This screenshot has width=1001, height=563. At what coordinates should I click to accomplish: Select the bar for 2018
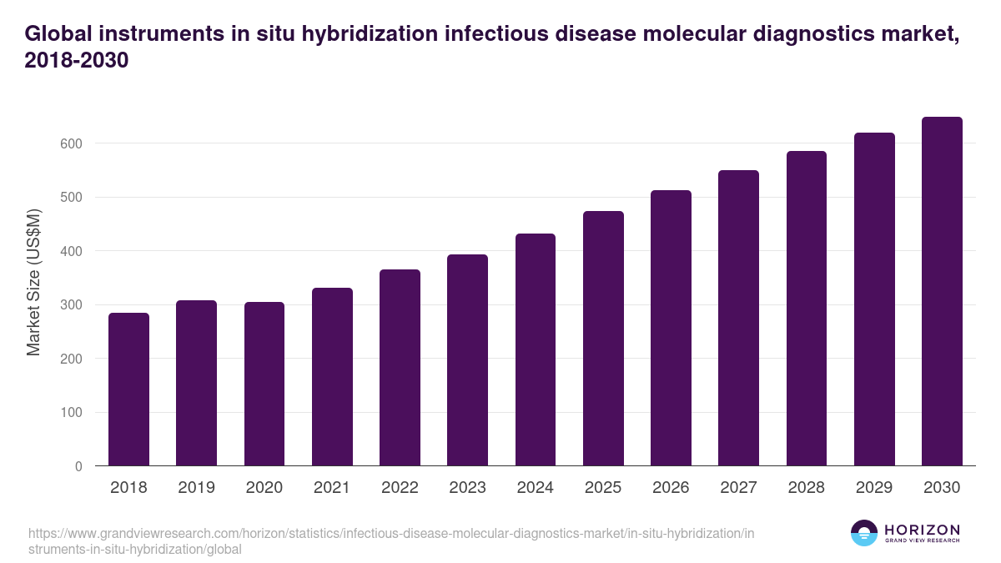pyautogui.click(x=128, y=390)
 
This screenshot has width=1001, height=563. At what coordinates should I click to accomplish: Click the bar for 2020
pyautogui.click(x=264, y=384)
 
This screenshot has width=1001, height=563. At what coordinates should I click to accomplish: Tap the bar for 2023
pyautogui.click(x=467, y=360)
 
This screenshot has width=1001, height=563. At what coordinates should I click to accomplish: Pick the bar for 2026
pyautogui.click(x=671, y=328)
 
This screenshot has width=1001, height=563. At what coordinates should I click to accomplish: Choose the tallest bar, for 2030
pyautogui.click(x=942, y=291)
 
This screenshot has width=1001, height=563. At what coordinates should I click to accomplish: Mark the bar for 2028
pyautogui.click(x=806, y=309)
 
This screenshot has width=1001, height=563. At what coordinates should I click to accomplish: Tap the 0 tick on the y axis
pyautogui.click(x=78, y=466)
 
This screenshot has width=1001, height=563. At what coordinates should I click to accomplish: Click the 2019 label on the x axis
pyautogui.click(x=196, y=488)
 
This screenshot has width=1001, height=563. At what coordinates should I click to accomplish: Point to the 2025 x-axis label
pyautogui.click(x=603, y=488)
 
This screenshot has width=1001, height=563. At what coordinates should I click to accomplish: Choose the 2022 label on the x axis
pyautogui.click(x=400, y=488)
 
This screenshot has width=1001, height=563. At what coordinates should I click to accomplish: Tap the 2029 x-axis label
pyautogui.click(x=874, y=488)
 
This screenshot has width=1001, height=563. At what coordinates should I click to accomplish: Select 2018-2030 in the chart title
pyautogui.click(x=77, y=62)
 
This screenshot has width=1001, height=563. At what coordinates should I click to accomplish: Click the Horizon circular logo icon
pyautogui.click(x=863, y=533)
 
